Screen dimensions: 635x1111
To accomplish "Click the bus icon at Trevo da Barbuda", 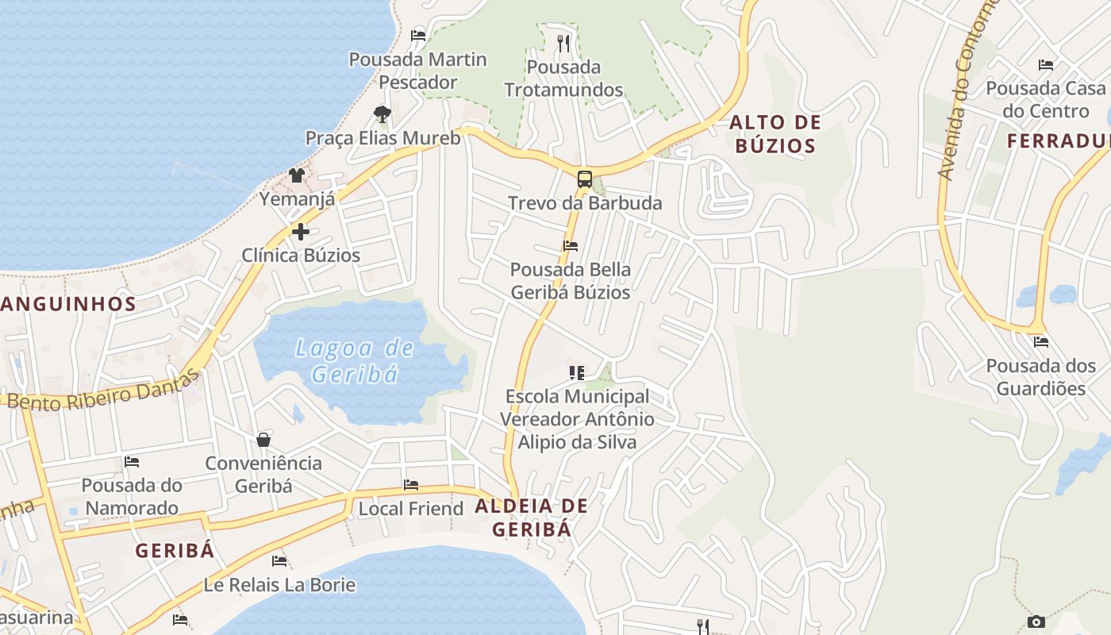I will click(584, 179).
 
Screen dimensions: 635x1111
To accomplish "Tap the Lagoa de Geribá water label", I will click(355, 360).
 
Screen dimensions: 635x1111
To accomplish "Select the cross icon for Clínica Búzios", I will click(301, 232).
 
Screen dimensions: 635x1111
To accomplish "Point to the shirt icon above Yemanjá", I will click(297, 175).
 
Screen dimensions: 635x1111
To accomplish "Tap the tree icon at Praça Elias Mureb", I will click(383, 114).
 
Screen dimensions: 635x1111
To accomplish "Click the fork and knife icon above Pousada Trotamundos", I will click(563, 43).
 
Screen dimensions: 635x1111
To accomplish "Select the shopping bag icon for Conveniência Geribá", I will click(263, 439).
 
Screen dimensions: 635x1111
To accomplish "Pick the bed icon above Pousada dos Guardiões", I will click(1041, 342).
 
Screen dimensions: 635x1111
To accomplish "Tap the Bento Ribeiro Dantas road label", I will click(103, 393).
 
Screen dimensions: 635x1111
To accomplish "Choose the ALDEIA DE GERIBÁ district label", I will click(532, 518).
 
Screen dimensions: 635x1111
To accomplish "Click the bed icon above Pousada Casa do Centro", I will click(1046, 64).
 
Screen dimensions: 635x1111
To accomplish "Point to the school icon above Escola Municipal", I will click(577, 372).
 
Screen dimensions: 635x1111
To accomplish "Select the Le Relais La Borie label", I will click(279, 585).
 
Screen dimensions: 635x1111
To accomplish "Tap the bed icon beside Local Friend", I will click(411, 484).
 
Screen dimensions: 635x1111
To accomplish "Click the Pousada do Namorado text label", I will click(132, 496).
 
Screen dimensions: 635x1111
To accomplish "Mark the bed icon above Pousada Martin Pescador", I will click(418, 35).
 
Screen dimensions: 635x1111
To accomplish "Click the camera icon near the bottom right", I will click(1036, 622).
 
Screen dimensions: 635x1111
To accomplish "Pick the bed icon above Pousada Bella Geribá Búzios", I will click(571, 246).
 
